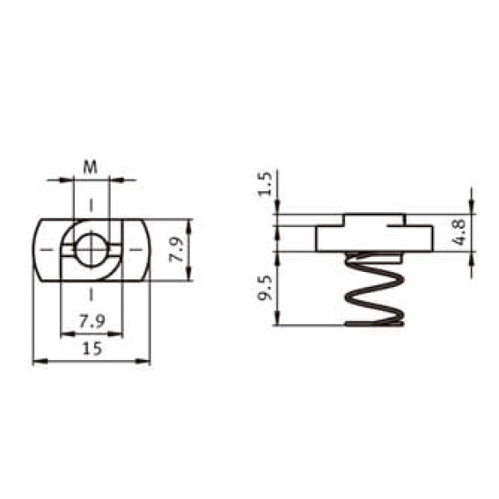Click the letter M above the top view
pos(90,167)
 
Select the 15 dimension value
pos(92,348)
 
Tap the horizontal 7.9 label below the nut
pos(92,321)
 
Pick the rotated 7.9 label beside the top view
pos(176,249)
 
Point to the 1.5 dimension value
pos(265,184)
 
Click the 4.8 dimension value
pos(459,232)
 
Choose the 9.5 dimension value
pos(265,288)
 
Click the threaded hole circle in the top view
pos(91,250)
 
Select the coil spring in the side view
pos(374,289)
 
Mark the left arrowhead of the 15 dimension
pos(40,361)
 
